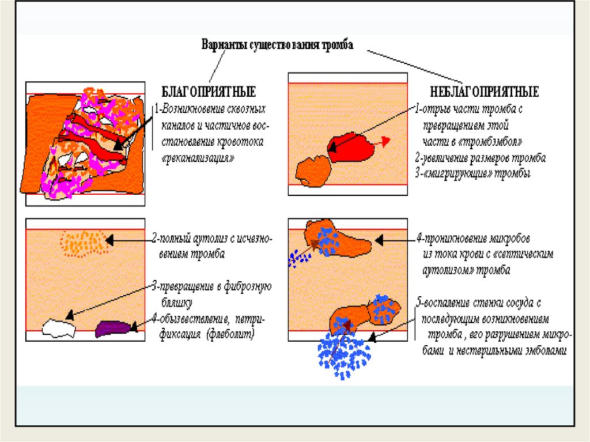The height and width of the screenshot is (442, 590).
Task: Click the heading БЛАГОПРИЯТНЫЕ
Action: click(x=208, y=92)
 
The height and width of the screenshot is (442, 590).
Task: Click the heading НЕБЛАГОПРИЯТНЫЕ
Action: click(x=485, y=92)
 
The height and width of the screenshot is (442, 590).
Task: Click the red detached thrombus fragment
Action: click(x=350, y=147)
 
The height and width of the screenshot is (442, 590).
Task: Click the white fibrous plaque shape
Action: click(x=59, y=328)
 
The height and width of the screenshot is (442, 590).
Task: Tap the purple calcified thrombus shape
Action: click(x=115, y=328)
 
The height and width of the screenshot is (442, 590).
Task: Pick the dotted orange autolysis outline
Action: click(x=84, y=242)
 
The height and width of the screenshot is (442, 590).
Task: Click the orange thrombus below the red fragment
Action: click(x=312, y=172)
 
